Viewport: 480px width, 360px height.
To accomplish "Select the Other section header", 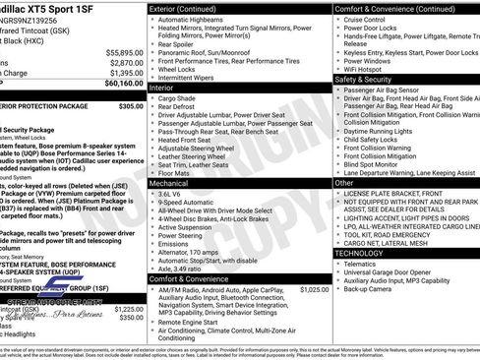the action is (344, 183).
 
